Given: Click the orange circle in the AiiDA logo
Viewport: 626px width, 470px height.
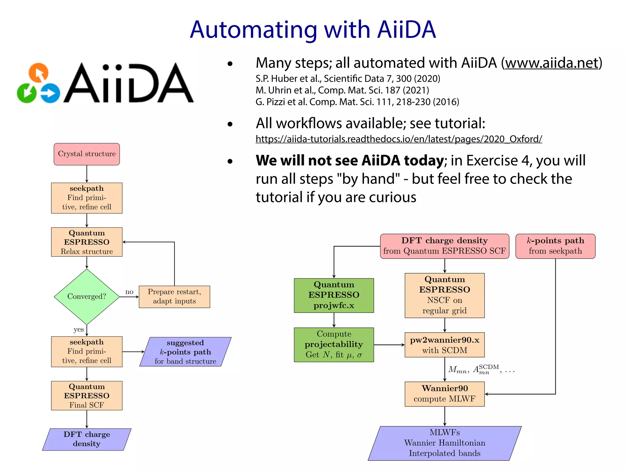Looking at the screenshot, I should [x=39, y=73].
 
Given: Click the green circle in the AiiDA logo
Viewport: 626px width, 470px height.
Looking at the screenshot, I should [x=27, y=92].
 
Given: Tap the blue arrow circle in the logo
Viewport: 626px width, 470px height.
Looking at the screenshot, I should [x=50, y=93].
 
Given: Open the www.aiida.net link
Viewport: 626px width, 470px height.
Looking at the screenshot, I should [x=551, y=63].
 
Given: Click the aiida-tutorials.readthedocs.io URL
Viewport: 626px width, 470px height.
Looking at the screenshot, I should [x=399, y=139].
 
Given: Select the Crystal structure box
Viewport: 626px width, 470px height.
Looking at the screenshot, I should [x=87, y=154].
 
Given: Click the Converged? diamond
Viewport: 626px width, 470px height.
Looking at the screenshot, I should [x=87, y=297].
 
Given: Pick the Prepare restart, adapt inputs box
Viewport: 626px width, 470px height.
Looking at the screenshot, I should [x=174, y=297].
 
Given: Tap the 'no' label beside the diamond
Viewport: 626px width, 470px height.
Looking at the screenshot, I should [x=129, y=292].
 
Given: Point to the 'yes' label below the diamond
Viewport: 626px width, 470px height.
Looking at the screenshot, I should [x=79, y=330].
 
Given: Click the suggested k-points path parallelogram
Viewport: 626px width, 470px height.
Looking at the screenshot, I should [x=185, y=352].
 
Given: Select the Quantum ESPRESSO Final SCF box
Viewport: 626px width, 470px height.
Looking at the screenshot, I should [x=87, y=396].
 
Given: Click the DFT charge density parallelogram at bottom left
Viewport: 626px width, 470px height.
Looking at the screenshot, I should [x=87, y=439].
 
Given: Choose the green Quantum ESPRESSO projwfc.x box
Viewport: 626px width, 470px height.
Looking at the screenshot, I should [x=334, y=295].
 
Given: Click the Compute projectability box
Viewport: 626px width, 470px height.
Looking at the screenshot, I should [x=334, y=345].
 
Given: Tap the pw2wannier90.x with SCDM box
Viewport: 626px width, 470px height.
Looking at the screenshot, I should [x=444, y=345].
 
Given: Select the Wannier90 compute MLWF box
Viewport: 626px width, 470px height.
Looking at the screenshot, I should [x=444, y=394].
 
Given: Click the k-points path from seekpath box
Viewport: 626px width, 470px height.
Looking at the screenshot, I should [x=555, y=246].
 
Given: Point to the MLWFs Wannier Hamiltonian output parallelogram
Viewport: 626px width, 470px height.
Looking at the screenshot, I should [x=444, y=443].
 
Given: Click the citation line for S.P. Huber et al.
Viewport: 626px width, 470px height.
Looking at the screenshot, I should [x=348, y=79].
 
